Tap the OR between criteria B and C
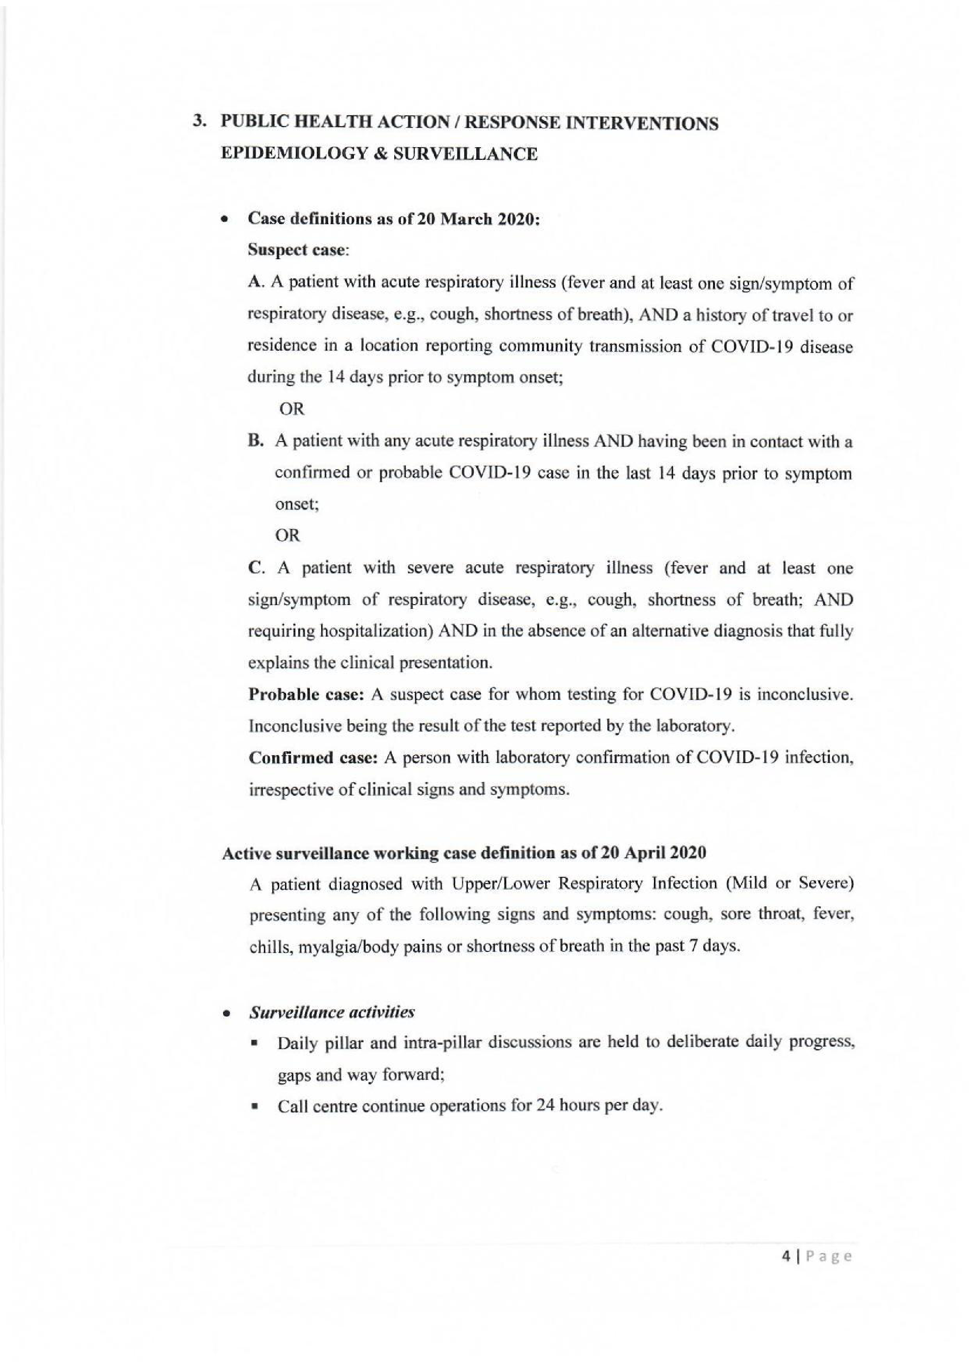[287, 536]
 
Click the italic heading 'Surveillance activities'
[332, 1012]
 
